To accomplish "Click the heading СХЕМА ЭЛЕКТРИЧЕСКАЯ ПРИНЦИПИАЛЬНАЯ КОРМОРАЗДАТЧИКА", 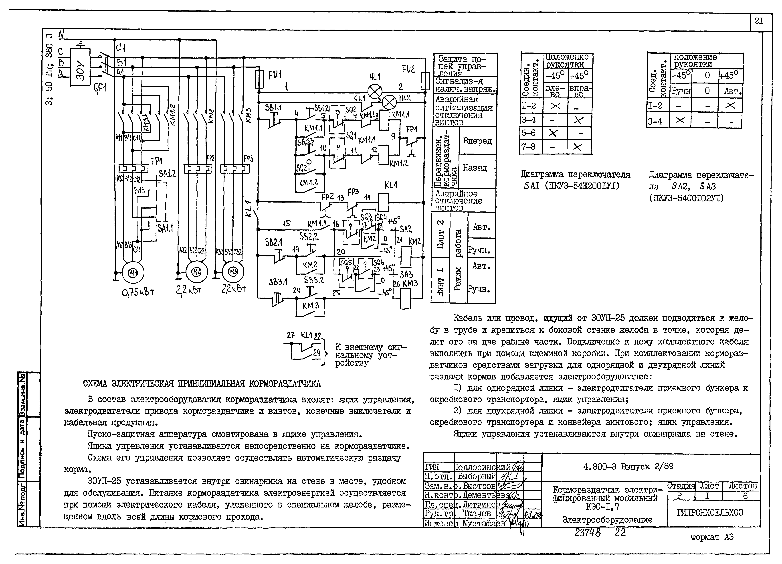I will click(202, 384).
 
